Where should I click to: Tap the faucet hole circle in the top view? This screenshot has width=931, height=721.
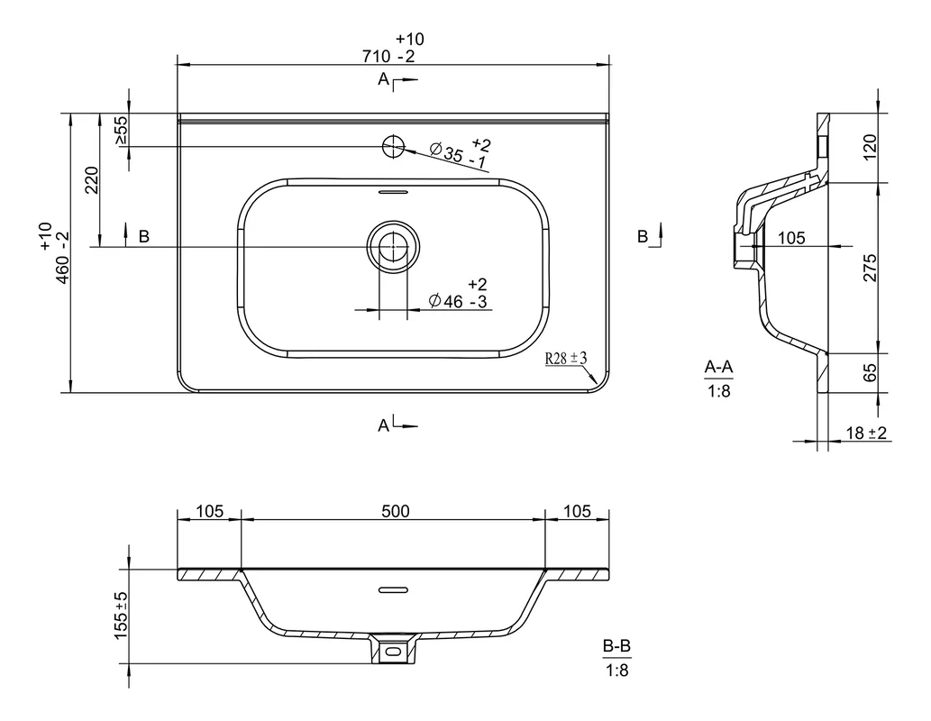392,146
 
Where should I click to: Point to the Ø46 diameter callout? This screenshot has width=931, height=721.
458,294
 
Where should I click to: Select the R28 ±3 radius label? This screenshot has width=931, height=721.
566,358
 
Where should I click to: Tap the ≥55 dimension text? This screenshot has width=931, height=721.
121,130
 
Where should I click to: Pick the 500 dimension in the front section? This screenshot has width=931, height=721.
396,511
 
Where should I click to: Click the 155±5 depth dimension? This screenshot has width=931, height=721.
121,616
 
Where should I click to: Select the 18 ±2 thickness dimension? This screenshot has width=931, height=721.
866,433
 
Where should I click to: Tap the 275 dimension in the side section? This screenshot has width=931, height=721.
869,268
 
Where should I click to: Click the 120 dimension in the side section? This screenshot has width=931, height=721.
869,147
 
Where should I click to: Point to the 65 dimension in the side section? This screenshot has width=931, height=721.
869,373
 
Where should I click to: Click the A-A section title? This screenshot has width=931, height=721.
718,368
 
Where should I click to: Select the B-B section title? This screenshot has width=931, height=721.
616,646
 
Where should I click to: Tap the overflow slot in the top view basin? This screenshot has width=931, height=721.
393,192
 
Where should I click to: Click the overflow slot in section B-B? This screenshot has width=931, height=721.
393,589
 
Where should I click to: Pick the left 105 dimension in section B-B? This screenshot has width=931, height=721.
210,511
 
